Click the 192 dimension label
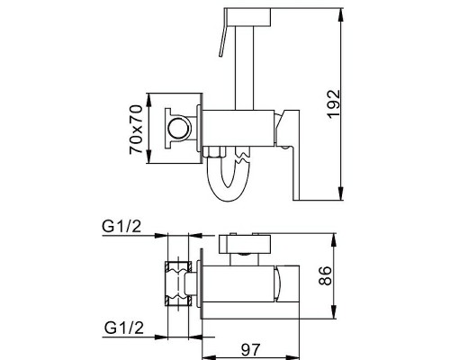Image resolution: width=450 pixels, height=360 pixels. tap(334, 104)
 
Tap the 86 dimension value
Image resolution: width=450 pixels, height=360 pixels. tap(325, 275)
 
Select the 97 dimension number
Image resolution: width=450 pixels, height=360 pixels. tap(251, 349)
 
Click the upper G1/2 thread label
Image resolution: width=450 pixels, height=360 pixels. tap(121, 226)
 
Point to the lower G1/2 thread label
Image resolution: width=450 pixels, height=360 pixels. tap(124, 328)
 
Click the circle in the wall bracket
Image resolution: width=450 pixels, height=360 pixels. tap(179, 129)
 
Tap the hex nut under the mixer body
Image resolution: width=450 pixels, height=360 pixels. tap(214, 152)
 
